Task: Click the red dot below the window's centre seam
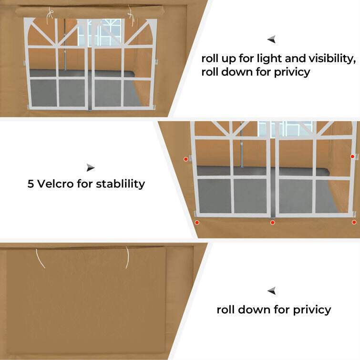pyautogui.click(x=272, y=222)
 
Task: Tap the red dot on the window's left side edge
pyautogui.click(x=186, y=159)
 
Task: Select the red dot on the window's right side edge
pyautogui.click(x=352, y=156)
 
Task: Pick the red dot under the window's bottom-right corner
pyautogui.click(x=353, y=222)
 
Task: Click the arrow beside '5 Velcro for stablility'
pyautogui.click(x=91, y=167)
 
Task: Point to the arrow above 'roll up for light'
pyautogui.click(x=271, y=40)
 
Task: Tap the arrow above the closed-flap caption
pyautogui.click(x=271, y=290)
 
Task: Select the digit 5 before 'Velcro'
pyautogui.click(x=31, y=184)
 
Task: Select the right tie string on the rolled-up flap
pyautogui.click(x=129, y=17)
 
